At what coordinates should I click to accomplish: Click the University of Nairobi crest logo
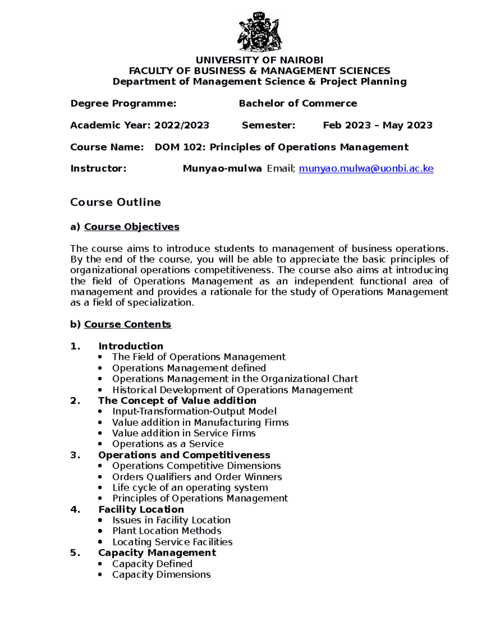pos(260,32)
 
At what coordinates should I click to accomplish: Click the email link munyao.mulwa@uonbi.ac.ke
pos(366,169)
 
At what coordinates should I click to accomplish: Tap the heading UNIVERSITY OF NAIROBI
pos(259,60)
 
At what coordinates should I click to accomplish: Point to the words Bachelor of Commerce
pos(298,104)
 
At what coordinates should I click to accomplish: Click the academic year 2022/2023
pos(182,126)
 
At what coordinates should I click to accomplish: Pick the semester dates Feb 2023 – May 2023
pos(377,126)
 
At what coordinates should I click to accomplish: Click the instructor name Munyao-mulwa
pos(222,169)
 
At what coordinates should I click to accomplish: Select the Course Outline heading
pos(115,202)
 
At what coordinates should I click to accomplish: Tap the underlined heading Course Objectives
pos(132,227)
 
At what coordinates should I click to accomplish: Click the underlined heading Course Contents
pos(128,325)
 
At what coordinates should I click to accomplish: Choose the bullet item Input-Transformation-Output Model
pos(194,412)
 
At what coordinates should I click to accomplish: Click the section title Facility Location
pos(141,509)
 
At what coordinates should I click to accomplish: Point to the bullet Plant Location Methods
pos(167,531)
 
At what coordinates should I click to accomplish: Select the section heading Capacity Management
pos(157,553)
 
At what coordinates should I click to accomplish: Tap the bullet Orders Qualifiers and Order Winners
pos(197,477)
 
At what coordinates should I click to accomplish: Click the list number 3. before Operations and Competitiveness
pos(75,455)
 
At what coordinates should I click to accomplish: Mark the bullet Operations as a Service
pos(168,444)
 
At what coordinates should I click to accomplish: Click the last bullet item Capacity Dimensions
pos(161,574)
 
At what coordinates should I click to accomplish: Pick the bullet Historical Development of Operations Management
pos(233,390)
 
